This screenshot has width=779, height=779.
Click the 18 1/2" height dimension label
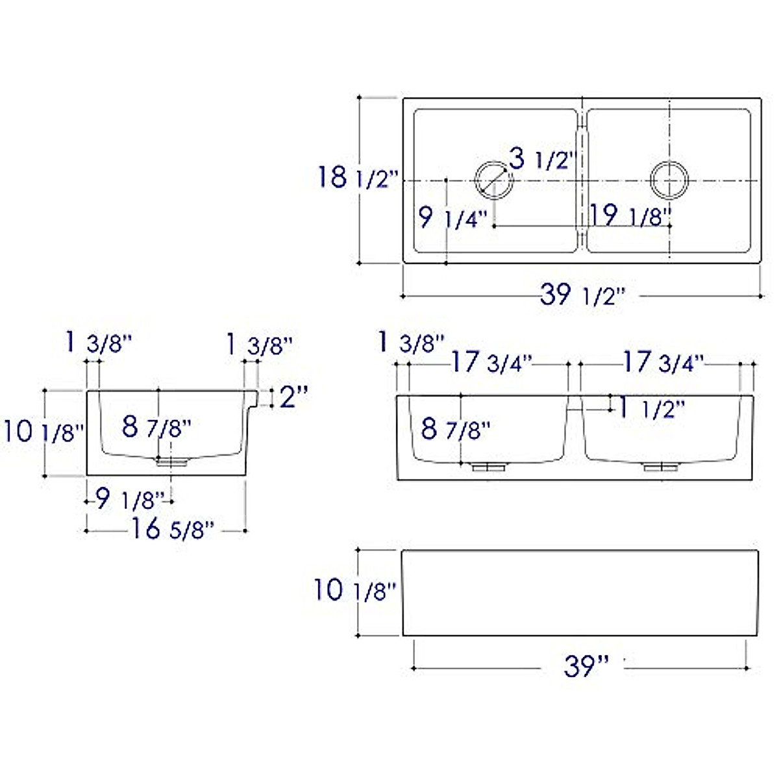[356, 177]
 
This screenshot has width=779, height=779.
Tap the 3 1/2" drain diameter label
[542, 158]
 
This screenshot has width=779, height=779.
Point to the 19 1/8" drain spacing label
[630, 216]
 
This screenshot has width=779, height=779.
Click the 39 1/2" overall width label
[582, 295]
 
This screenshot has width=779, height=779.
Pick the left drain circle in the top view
[494, 180]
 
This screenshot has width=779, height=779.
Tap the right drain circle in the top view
[669, 180]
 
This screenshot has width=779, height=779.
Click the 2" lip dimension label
[293, 397]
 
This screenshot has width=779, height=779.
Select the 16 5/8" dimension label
[172, 530]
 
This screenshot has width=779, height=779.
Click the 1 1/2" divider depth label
[652, 409]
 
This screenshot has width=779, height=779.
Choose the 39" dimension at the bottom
[586, 666]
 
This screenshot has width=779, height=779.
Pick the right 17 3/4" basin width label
[663, 363]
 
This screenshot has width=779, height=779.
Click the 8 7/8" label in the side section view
[156, 427]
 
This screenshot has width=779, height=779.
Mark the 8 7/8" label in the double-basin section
[455, 429]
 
